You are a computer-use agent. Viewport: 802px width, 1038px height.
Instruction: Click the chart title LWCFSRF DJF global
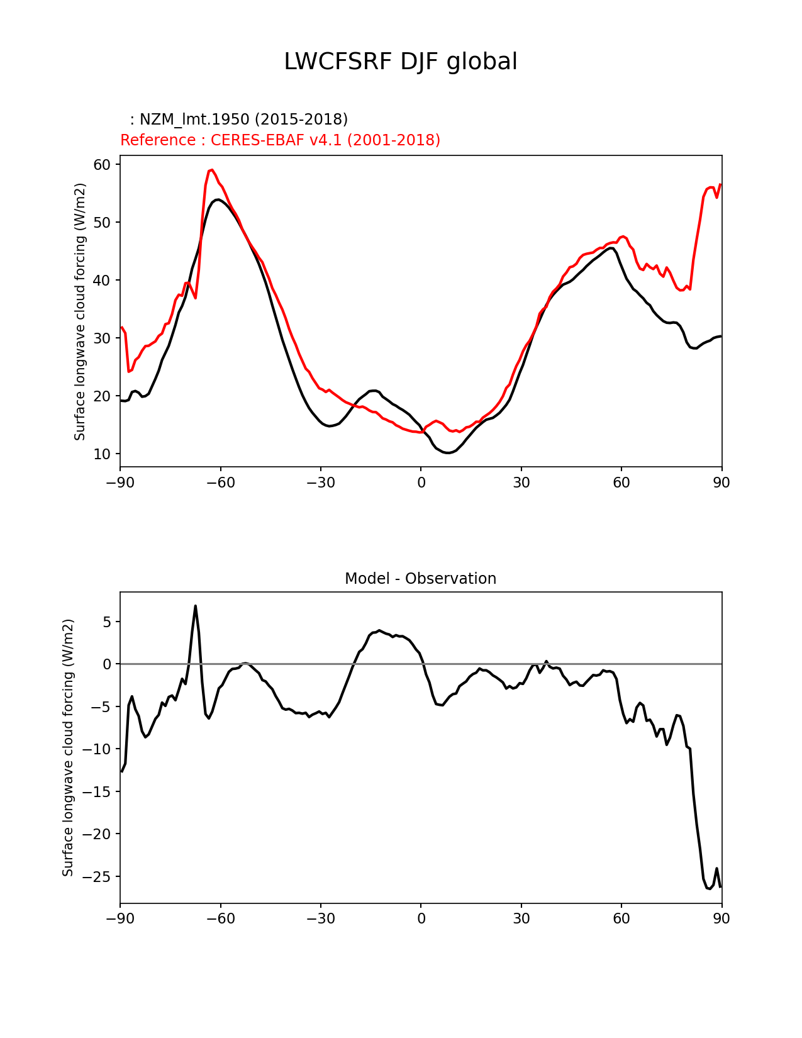pyautogui.click(x=401, y=62)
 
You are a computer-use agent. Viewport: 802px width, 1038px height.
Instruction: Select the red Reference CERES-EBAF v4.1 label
pyautogui.click(x=280, y=140)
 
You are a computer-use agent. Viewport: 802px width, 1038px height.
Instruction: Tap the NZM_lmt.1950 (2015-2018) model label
pyautogui.click(x=239, y=120)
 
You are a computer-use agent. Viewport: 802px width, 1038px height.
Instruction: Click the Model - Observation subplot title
pyautogui.click(x=420, y=579)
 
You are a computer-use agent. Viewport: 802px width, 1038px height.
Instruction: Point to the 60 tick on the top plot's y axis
pyautogui.click(x=103, y=165)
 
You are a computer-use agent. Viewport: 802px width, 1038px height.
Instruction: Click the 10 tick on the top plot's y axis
pyautogui.click(x=103, y=454)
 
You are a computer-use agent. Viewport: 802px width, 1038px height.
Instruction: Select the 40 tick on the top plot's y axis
pyautogui.click(x=103, y=281)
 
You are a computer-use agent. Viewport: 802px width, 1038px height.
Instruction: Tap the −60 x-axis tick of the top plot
pyautogui.click(x=220, y=483)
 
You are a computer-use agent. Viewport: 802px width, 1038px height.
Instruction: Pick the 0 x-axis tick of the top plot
pyautogui.click(x=421, y=483)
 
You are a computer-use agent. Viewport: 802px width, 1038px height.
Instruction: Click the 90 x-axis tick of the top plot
pyautogui.click(x=721, y=483)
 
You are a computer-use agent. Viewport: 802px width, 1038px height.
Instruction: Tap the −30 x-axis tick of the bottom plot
pyautogui.click(x=320, y=919)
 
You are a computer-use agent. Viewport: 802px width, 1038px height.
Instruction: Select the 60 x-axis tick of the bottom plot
pyautogui.click(x=621, y=919)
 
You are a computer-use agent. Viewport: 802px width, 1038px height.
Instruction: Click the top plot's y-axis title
pyautogui.click(x=80, y=311)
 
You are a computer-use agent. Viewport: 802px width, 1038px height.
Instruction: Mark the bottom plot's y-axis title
pyautogui.click(x=68, y=747)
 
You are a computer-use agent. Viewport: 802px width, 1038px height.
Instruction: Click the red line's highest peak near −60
pyautogui.click(x=212, y=170)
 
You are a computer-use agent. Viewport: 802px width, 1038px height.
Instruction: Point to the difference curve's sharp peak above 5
pyautogui.click(x=196, y=606)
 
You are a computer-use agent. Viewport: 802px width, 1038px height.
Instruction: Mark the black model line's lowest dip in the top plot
pyautogui.click(x=447, y=453)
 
